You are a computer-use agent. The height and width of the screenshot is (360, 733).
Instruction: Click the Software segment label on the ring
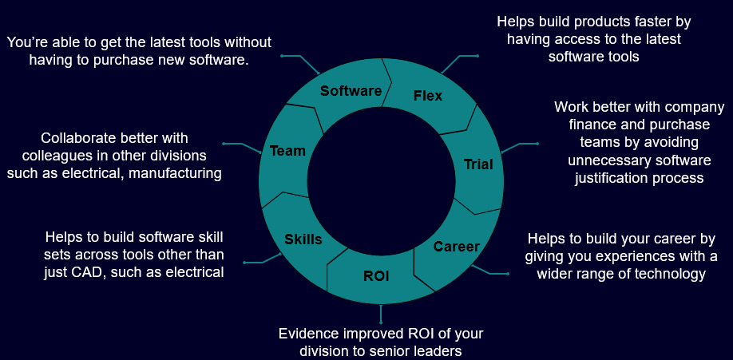pyautogui.click(x=351, y=91)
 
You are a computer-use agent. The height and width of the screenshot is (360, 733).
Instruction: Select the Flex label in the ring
pyautogui.click(x=428, y=96)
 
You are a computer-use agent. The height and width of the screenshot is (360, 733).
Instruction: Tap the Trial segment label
pyautogui.click(x=478, y=165)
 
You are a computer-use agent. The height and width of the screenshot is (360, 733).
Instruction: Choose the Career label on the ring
pyautogui.click(x=456, y=247)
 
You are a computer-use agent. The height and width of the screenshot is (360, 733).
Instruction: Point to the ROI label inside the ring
pyautogui.click(x=376, y=276)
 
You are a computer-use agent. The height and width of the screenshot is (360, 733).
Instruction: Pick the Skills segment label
pyautogui.click(x=303, y=239)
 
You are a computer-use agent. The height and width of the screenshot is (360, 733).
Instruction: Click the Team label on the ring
pyautogui.click(x=287, y=150)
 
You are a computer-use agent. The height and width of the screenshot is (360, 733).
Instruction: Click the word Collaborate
pyautogui.click(x=75, y=138)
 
